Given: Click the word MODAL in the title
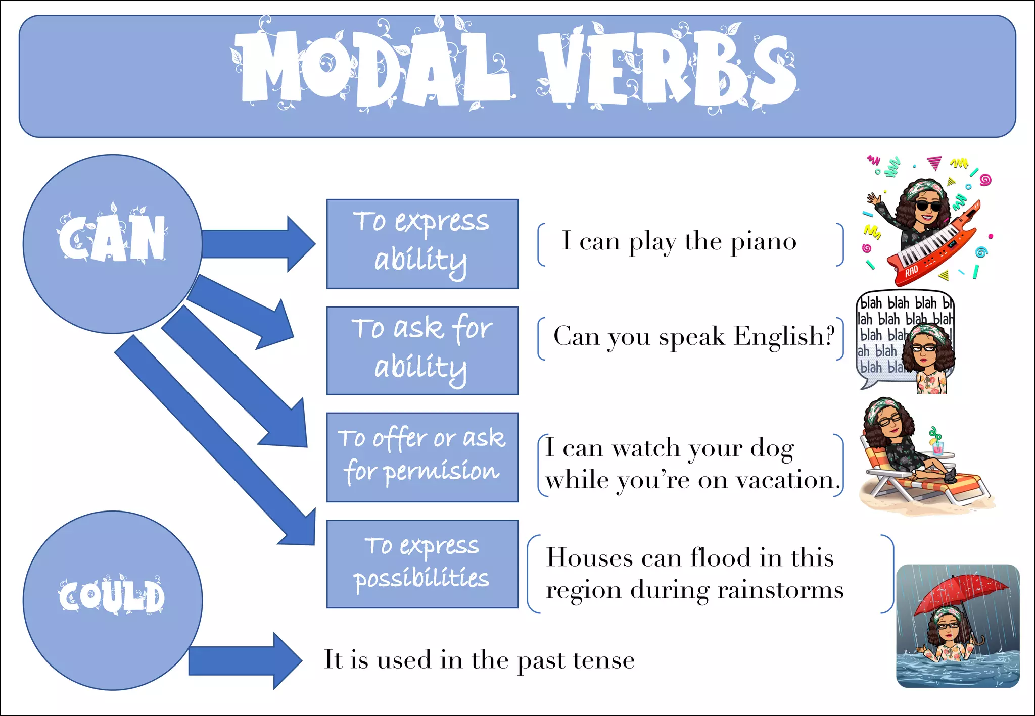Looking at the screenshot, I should (371, 68).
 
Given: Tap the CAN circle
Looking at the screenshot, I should (112, 243).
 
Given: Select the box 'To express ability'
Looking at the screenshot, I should (422, 244).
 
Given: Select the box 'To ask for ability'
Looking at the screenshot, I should (422, 350).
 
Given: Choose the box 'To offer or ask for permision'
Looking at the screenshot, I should (422, 457).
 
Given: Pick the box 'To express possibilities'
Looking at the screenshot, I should (422, 564).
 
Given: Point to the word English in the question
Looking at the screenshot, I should (783, 336).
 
